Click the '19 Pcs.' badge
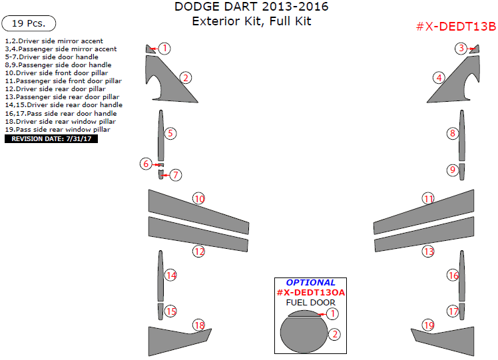28,23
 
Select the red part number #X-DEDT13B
455,27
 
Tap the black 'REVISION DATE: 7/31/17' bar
51,139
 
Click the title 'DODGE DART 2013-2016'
251,7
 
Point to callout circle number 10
198,198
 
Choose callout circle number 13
428,252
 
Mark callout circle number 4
438,77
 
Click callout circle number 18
198,325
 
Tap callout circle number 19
428,325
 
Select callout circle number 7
175,175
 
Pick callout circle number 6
146,164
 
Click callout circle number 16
453,275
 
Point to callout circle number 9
453,170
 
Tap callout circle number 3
461,48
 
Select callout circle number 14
170,275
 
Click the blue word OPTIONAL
310,282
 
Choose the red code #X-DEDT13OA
310,292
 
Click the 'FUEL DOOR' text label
310,303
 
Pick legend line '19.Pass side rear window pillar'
57,129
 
